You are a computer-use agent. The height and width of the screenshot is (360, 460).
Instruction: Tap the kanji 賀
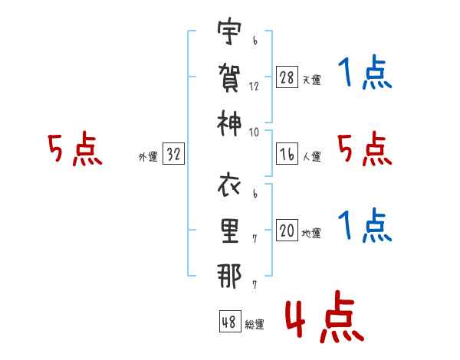coord(230,77)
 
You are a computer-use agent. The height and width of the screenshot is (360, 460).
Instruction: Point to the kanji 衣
coord(230,187)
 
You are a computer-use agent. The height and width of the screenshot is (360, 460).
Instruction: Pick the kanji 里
coord(230,230)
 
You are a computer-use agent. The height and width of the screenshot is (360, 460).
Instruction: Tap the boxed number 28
coord(287,78)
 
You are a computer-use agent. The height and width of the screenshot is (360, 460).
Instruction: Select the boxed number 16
coord(287,154)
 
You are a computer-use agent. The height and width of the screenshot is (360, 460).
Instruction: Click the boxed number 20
coord(287,231)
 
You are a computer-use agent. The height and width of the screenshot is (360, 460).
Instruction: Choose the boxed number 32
coord(173,154)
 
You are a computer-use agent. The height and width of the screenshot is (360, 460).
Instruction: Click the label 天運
coord(312,80)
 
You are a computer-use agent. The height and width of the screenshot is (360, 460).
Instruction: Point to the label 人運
coord(312,155)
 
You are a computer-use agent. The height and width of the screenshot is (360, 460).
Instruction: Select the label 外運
coord(148,156)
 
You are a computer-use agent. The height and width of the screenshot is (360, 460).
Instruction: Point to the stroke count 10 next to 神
coord(255,132)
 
